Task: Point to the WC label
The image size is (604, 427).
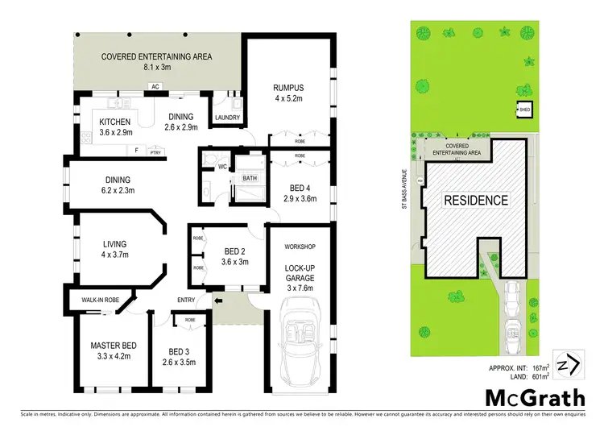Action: pos(222,167)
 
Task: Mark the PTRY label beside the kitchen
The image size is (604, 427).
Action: pos(155,150)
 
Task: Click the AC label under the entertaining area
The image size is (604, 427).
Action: pos(155,85)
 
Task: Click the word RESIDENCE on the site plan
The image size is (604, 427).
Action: pos(476,201)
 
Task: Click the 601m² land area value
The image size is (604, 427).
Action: pos(540,375)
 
